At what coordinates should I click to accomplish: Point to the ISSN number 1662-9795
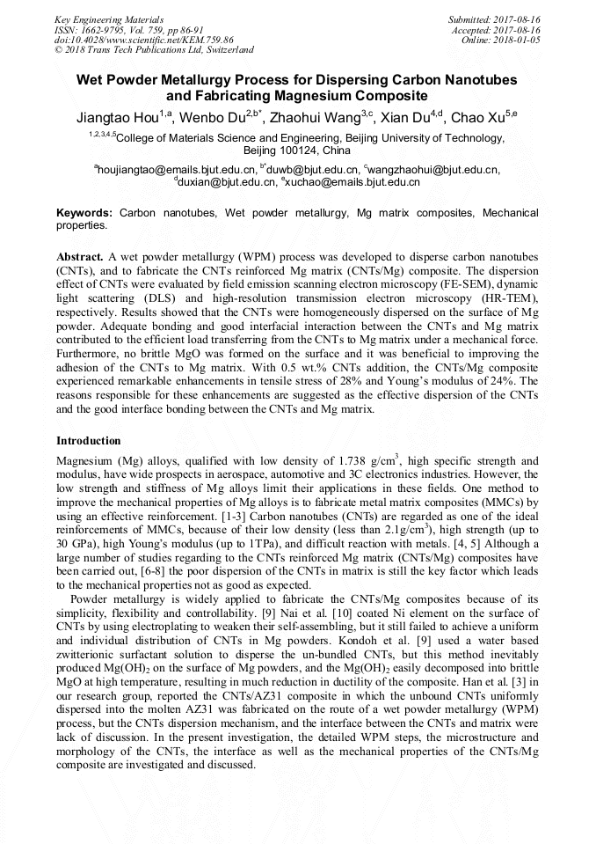pyautogui.click(x=105, y=29)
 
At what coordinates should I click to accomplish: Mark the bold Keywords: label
pyautogui.click(x=84, y=214)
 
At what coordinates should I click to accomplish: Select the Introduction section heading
pyautogui.click(x=89, y=440)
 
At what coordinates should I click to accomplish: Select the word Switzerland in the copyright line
pyautogui.click(x=227, y=50)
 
